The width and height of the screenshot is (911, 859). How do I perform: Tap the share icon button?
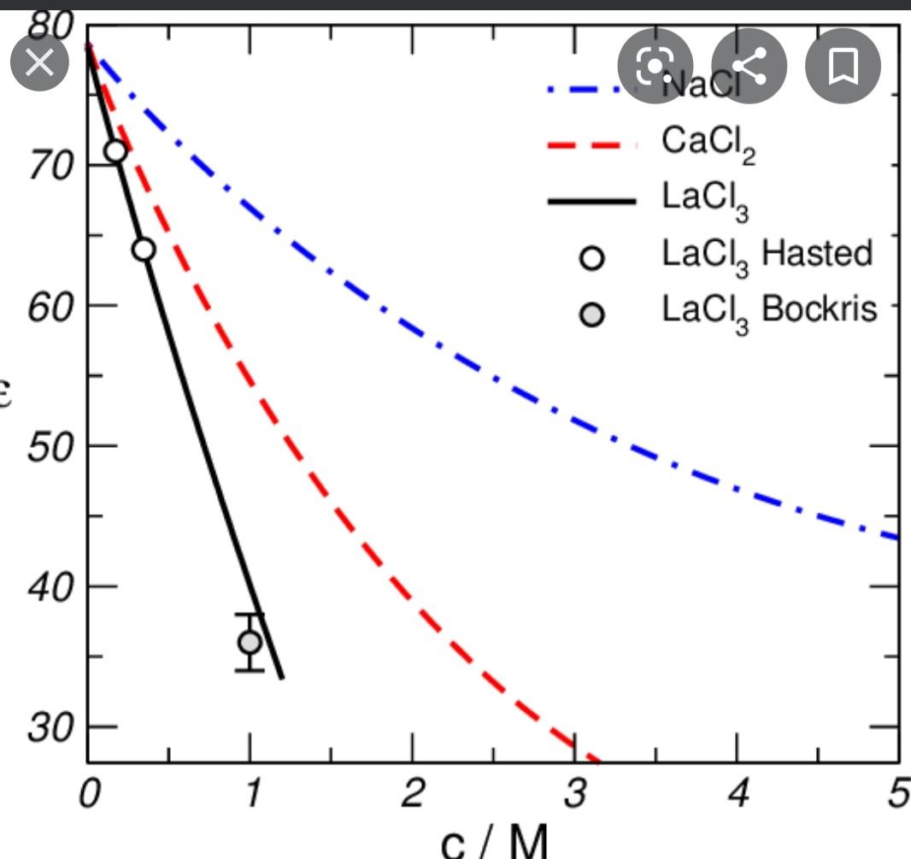(x=749, y=66)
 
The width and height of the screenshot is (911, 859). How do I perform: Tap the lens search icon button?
(x=655, y=66)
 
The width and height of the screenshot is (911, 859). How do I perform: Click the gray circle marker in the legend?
(x=592, y=315)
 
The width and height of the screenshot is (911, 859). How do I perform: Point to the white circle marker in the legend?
(x=592, y=258)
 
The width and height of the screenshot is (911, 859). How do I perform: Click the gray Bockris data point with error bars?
(x=250, y=642)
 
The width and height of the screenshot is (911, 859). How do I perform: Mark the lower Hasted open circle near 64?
(x=144, y=250)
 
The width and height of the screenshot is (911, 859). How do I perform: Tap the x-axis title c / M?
(x=494, y=842)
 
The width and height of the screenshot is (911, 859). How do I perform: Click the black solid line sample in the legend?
(x=591, y=202)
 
